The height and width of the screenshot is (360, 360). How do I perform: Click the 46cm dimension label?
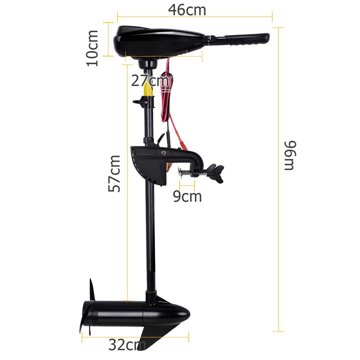click(x=187, y=10)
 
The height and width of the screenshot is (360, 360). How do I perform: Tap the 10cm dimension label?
click(x=93, y=48)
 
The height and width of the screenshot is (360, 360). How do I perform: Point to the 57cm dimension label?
click(x=115, y=173)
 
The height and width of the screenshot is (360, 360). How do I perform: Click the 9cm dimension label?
click(x=187, y=196)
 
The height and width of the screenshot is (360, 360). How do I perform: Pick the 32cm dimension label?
click(x=127, y=345)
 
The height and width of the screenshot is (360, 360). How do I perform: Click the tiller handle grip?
click(x=247, y=39)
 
